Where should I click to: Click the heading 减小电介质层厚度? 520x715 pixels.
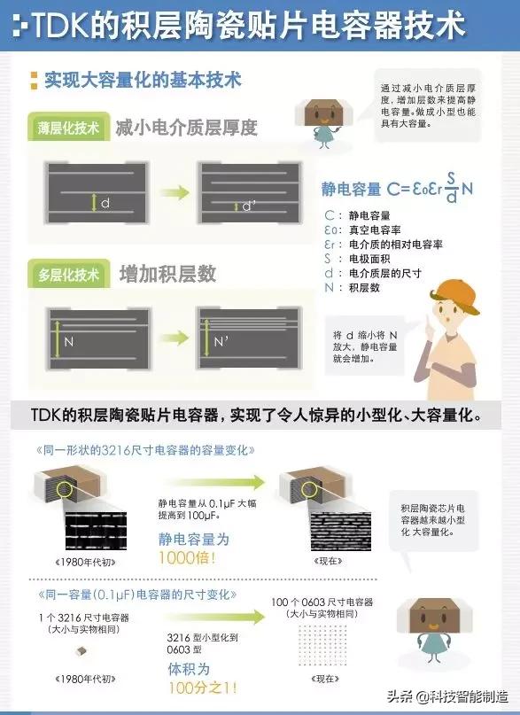pos(186,127)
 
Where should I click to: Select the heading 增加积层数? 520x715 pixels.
pos(167,275)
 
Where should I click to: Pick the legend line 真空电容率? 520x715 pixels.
pos(382,229)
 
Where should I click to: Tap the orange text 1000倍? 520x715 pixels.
pos(188,558)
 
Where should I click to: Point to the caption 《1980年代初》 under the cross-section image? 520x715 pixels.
pos(89,563)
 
